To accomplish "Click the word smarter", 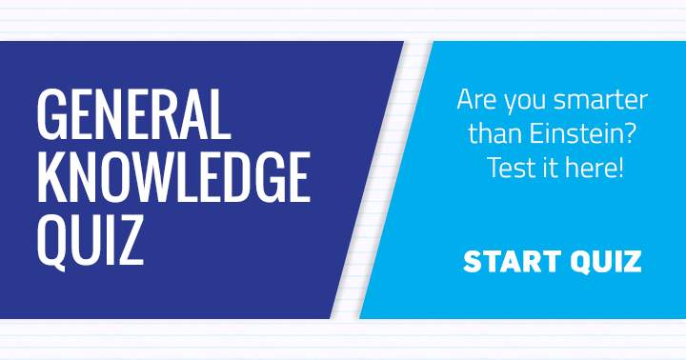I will (x=599, y=99).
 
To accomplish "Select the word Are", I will (x=475, y=99).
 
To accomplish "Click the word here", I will (x=594, y=169).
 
